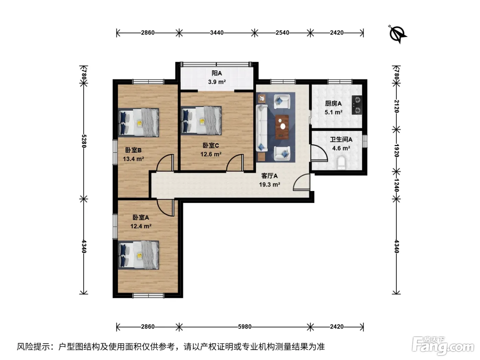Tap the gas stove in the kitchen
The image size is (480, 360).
point(357,105)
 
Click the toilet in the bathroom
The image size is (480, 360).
point(341,163)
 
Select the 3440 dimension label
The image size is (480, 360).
point(216,33)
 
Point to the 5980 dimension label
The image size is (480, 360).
point(244,327)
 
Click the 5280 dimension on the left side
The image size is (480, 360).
point(84,141)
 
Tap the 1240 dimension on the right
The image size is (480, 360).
point(396,185)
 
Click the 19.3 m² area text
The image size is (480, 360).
point(269,185)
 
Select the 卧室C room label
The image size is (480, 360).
point(211,145)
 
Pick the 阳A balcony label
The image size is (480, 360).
point(217,73)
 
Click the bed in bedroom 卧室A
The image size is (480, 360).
point(139,255)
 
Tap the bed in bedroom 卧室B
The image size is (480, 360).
point(139,122)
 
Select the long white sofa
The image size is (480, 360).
point(262,128)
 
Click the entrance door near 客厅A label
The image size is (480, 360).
point(301,182)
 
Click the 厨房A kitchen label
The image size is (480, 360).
point(333,104)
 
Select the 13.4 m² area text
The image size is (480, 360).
point(133,159)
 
